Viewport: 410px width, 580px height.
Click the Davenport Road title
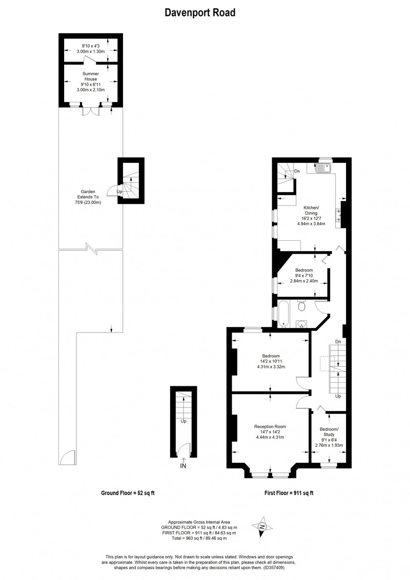pyautogui.click(x=200, y=13)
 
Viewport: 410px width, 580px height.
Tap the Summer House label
pyautogui.click(x=91, y=76)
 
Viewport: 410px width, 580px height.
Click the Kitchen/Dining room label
pyautogui.click(x=311, y=210)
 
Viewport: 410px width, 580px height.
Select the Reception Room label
pyautogui.click(x=270, y=426)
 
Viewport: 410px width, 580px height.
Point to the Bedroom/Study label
pyautogui.click(x=329, y=432)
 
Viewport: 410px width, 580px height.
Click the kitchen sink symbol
pyautogui.click(x=324, y=169)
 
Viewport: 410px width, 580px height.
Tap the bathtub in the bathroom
pyautogui.click(x=284, y=314)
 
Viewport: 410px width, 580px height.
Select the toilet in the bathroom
pyautogui.click(x=301, y=305)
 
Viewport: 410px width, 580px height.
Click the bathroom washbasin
pyautogui.click(x=302, y=324)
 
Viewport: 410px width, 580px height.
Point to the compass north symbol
pyautogui.click(x=262, y=526)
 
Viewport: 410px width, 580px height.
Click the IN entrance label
pyautogui.click(x=183, y=466)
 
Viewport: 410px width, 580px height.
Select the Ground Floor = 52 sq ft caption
pyautogui.click(x=128, y=493)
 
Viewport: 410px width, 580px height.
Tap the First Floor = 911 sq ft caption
pyautogui.click(x=289, y=493)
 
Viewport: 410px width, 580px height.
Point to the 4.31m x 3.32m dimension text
pyautogui.click(x=271, y=367)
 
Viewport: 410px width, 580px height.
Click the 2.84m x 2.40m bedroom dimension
pyautogui.click(x=304, y=281)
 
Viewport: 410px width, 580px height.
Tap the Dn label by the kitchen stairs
pyautogui.click(x=297, y=171)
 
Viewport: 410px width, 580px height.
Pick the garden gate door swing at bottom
pyautogui.click(x=67, y=458)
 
